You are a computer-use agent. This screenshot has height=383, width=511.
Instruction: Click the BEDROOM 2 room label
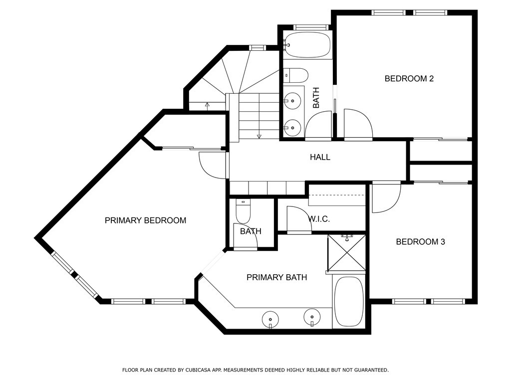[x=409, y=78]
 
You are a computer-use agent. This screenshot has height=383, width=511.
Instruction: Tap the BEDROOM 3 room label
[x=420, y=242]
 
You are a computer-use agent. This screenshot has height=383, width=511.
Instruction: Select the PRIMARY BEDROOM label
[x=145, y=220]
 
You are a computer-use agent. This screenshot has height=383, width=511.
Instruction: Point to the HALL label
[x=320, y=157]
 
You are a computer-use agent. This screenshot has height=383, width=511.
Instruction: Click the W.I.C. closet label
[x=319, y=219]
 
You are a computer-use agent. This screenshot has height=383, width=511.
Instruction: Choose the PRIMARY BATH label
[x=276, y=277]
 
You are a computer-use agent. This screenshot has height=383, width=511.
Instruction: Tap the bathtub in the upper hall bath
[x=307, y=45]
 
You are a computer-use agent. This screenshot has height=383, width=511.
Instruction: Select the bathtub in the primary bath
[x=349, y=302]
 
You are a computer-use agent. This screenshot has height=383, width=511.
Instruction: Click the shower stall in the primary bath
[x=347, y=253]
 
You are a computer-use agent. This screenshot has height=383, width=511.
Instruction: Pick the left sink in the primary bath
[x=270, y=318]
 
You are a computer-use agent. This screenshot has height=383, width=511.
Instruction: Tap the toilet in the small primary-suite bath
[x=243, y=211]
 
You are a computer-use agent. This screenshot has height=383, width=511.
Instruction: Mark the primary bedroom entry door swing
[x=212, y=165]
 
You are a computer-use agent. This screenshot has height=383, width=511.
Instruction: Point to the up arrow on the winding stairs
[x=207, y=105]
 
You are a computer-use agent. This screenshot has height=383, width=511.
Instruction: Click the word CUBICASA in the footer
[x=197, y=370]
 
